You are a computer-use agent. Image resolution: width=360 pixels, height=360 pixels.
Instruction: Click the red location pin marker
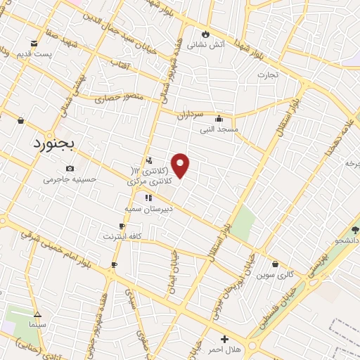181,166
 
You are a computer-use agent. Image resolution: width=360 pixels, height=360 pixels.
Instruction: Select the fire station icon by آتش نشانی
205,33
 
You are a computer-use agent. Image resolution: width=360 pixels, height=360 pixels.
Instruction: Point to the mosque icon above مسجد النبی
219,118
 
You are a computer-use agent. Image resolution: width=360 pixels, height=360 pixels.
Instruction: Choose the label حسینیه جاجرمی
69,179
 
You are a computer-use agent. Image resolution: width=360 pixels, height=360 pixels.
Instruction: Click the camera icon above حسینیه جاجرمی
70,168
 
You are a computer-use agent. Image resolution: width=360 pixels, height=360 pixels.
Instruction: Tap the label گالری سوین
275,272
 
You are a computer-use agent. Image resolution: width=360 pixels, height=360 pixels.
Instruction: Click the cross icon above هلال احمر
224,339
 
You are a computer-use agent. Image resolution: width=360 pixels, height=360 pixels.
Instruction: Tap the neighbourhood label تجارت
267,75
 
